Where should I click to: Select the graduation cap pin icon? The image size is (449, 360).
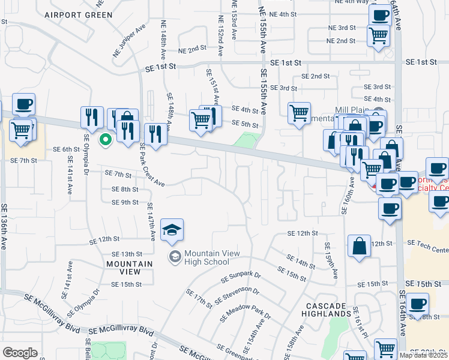pyautogui.click(x=172, y=230)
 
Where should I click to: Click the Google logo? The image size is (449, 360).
pyautogui.click(x=20, y=352)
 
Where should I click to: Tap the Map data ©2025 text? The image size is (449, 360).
pyautogui.click(x=423, y=355)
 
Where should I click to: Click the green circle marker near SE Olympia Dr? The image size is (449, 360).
pyautogui.click(x=106, y=140)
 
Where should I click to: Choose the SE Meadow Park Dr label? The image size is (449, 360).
pyautogui.click(x=246, y=314)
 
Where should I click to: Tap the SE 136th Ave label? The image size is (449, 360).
pyautogui.click(x=5, y=231)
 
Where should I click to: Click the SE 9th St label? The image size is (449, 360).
pyautogui.click(x=125, y=202)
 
